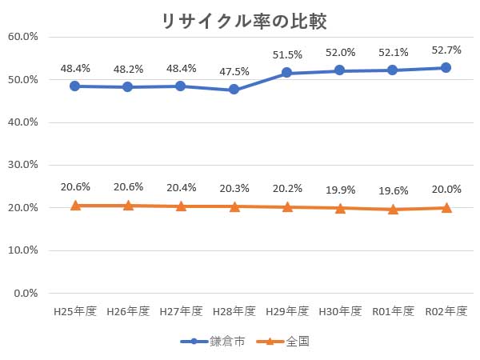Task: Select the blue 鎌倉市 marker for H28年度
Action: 234,90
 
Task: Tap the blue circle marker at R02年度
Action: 446,68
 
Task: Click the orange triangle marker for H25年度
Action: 75,206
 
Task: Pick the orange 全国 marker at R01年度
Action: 393,209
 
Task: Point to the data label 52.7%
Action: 446,50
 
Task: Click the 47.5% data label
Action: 234,71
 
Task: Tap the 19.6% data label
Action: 393,190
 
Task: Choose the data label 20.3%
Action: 234,188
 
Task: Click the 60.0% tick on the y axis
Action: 23,37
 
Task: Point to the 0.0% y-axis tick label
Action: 26,293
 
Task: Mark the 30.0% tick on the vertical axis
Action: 23,165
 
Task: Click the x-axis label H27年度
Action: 182,311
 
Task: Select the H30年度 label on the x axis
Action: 340,311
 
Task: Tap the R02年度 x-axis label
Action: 446,311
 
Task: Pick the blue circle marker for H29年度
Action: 287,73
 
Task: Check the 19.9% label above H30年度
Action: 340,190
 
